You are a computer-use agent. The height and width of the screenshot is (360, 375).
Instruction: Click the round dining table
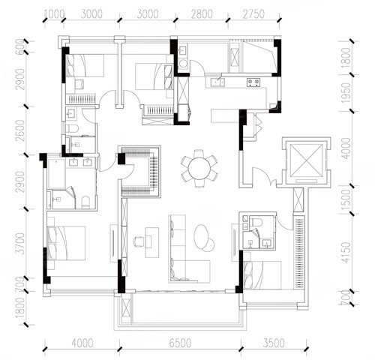coord(199,168)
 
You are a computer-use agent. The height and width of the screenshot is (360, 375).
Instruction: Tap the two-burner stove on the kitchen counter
coord(253,82)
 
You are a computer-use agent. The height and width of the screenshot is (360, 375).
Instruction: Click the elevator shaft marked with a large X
coord(307,160)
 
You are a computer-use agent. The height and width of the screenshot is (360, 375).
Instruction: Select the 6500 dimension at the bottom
coord(180,343)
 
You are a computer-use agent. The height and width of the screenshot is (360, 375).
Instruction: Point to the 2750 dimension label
coord(253,14)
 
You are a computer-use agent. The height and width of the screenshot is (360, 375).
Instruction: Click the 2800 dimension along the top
coord(202,14)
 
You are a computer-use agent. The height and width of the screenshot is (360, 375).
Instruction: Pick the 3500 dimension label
coord(274,343)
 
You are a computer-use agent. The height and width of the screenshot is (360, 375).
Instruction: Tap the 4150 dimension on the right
coord(346,252)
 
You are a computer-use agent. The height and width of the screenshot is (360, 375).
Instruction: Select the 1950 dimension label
coord(346,93)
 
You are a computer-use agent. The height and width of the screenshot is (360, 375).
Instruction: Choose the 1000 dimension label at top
coord(55,14)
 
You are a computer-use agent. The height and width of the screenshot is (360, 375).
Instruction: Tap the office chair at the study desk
coord(137,241)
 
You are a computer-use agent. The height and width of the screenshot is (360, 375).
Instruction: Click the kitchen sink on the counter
coord(217,82)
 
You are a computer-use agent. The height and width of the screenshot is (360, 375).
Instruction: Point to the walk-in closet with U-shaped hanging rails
coord(140,172)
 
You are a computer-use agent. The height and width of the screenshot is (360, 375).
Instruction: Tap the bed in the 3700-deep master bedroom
coord(66,243)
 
